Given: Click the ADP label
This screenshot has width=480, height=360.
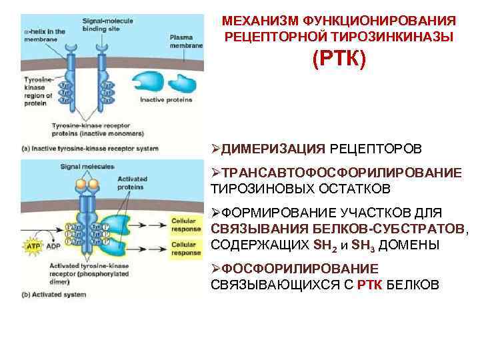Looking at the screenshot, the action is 51,245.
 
